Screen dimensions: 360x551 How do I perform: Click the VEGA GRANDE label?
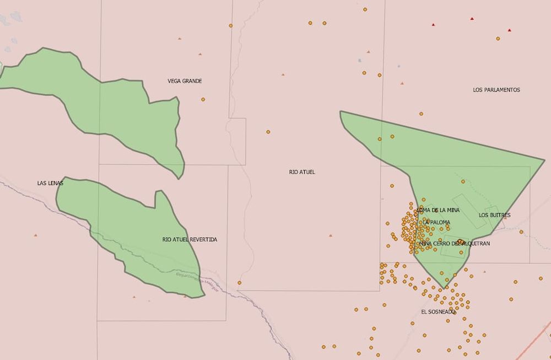[x=185, y=81]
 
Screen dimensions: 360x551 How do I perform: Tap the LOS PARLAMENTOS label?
[x=496, y=90]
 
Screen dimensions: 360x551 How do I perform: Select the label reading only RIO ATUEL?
[x=302, y=173]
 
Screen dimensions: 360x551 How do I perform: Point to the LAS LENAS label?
[x=50, y=183]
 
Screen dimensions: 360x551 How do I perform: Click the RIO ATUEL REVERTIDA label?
[x=190, y=240]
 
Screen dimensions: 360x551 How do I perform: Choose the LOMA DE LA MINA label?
[x=439, y=210]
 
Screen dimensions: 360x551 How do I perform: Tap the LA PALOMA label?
[x=437, y=223]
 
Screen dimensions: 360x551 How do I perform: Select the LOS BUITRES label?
[x=494, y=215]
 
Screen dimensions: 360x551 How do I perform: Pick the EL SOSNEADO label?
[x=438, y=311]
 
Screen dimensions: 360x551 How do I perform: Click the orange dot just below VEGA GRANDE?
[x=203, y=99]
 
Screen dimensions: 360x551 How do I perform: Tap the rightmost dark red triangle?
[x=510, y=30]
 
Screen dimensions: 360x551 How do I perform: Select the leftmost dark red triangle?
[x=434, y=25]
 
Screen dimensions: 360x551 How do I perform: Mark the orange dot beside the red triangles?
[x=498, y=39]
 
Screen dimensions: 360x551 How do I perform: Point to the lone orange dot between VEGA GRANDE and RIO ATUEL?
[x=268, y=132]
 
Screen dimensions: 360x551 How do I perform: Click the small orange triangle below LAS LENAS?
[x=36, y=235]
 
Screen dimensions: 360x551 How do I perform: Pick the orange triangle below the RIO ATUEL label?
[x=331, y=235]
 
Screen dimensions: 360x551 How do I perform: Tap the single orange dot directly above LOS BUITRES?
[x=463, y=181]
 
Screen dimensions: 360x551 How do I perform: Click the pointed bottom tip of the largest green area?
[x=445, y=288]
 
